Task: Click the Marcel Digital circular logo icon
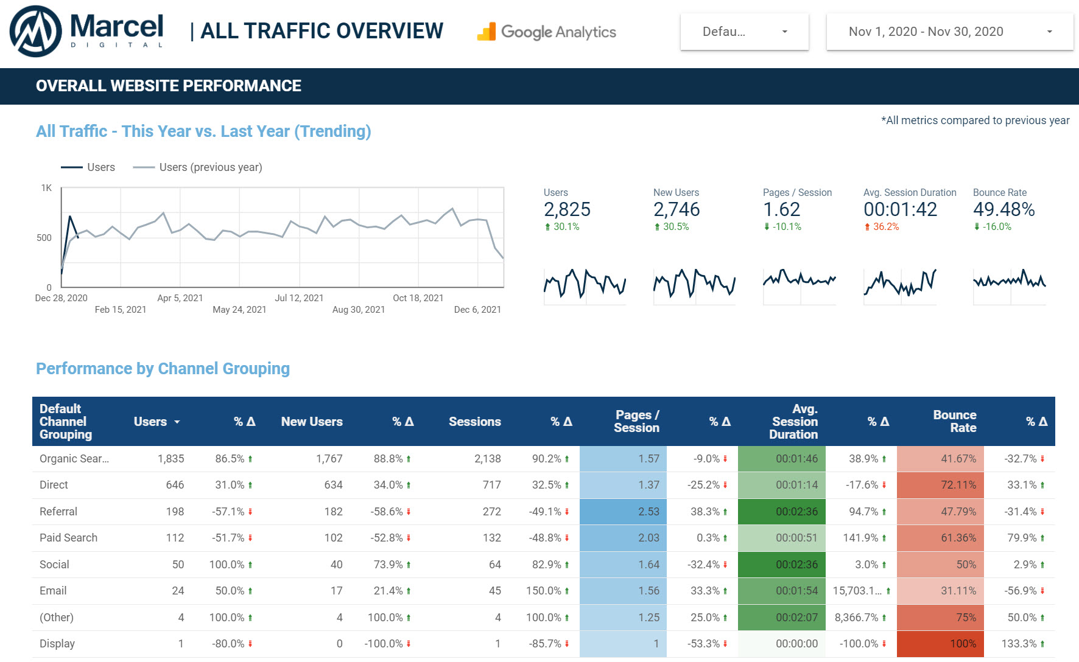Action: (x=35, y=31)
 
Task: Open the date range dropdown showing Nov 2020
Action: (x=949, y=32)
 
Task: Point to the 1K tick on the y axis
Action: (x=46, y=188)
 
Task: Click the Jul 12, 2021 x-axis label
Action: (x=299, y=298)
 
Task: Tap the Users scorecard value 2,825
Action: (x=567, y=209)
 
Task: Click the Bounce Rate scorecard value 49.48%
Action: (x=1003, y=209)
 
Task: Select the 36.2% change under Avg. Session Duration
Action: (x=885, y=227)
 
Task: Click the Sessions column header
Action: (x=474, y=422)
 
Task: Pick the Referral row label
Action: (x=58, y=512)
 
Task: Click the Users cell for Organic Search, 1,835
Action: (x=170, y=459)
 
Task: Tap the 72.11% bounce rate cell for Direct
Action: (x=958, y=485)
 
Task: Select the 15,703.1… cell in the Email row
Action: (x=857, y=591)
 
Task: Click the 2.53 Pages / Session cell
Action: (x=648, y=512)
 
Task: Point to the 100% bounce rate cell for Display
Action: (x=962, y=644)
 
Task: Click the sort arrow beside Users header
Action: (x=177, y=422)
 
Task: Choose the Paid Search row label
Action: (x=68, y=538)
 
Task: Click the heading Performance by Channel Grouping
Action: (x=163, y=369)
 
